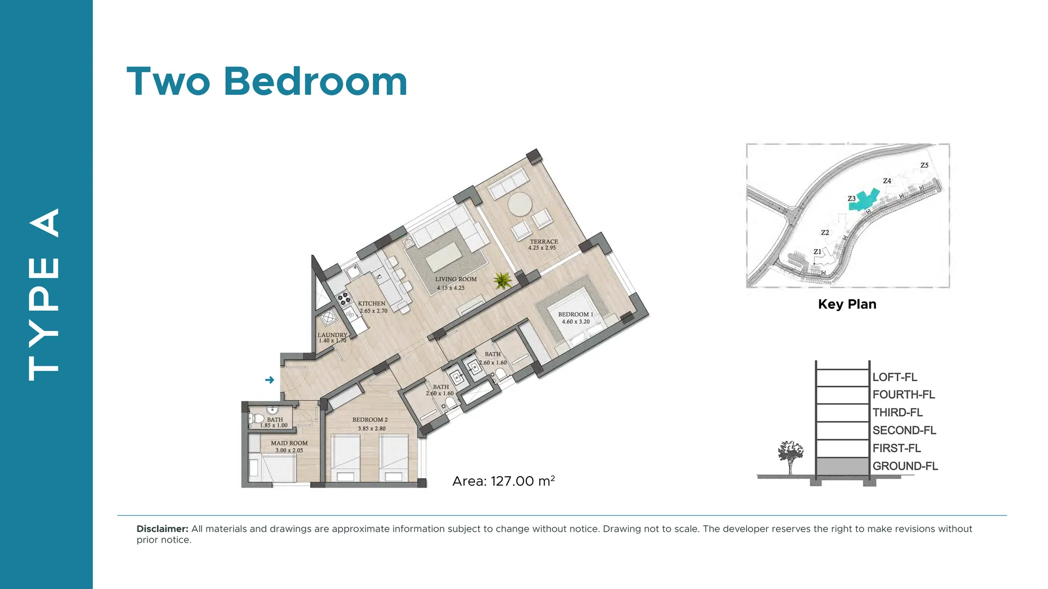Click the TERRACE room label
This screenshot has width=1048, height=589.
(544, 242)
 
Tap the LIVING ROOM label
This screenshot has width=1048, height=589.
(456, 279)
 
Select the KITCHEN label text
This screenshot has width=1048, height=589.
(372, 304)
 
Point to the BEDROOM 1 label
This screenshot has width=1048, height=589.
(575, 315)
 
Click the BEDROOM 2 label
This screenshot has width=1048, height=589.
(370, 420)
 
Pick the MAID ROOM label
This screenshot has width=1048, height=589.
(289, 443)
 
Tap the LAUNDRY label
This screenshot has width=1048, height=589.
(332, 335)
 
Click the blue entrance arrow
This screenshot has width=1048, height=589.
(270, 380)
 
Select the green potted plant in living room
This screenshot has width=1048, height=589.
(503, 280)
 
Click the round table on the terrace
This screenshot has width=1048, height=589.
(520, 205)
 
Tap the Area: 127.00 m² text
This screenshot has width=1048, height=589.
(503, 480)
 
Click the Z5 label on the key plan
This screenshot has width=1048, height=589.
(924, 165)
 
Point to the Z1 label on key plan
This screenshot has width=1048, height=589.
(817, 252)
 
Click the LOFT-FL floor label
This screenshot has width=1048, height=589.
(895, 377)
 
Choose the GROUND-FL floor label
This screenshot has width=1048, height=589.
(905, 466)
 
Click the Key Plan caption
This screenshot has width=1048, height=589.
(847, 304)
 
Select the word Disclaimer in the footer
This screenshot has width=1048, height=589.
(162, 529)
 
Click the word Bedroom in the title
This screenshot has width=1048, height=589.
(315, 82)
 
